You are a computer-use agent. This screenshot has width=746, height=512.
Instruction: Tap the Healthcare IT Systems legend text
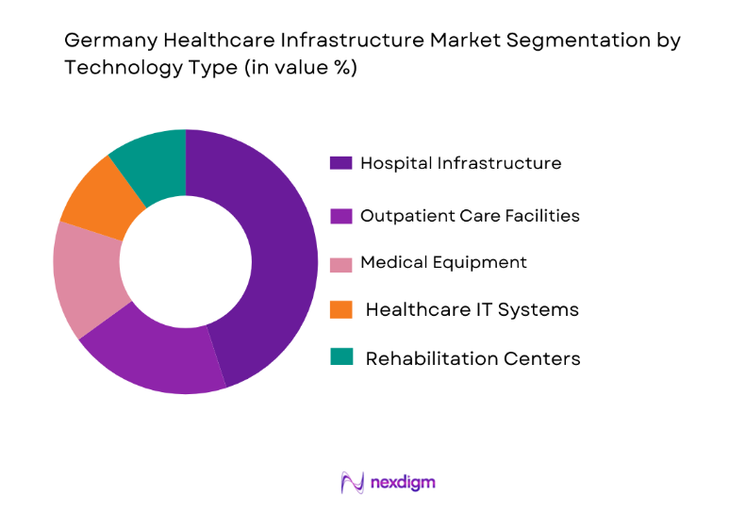click(x=472, y=309)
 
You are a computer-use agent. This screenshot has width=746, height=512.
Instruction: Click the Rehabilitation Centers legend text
click(x=472, y=358)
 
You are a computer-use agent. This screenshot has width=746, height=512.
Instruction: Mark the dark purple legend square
click(x=340, y=163)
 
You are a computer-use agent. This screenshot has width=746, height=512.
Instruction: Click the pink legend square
click(x=340, y=262)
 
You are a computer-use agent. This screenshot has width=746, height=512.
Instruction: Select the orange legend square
click(x=340, y=308)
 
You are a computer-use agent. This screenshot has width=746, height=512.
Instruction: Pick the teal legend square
click(x=340, y=357)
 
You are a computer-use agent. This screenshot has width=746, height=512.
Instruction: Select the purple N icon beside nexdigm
click(x=352, y=483)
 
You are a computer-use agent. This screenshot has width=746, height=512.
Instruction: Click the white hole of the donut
click(x=186, y=261)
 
